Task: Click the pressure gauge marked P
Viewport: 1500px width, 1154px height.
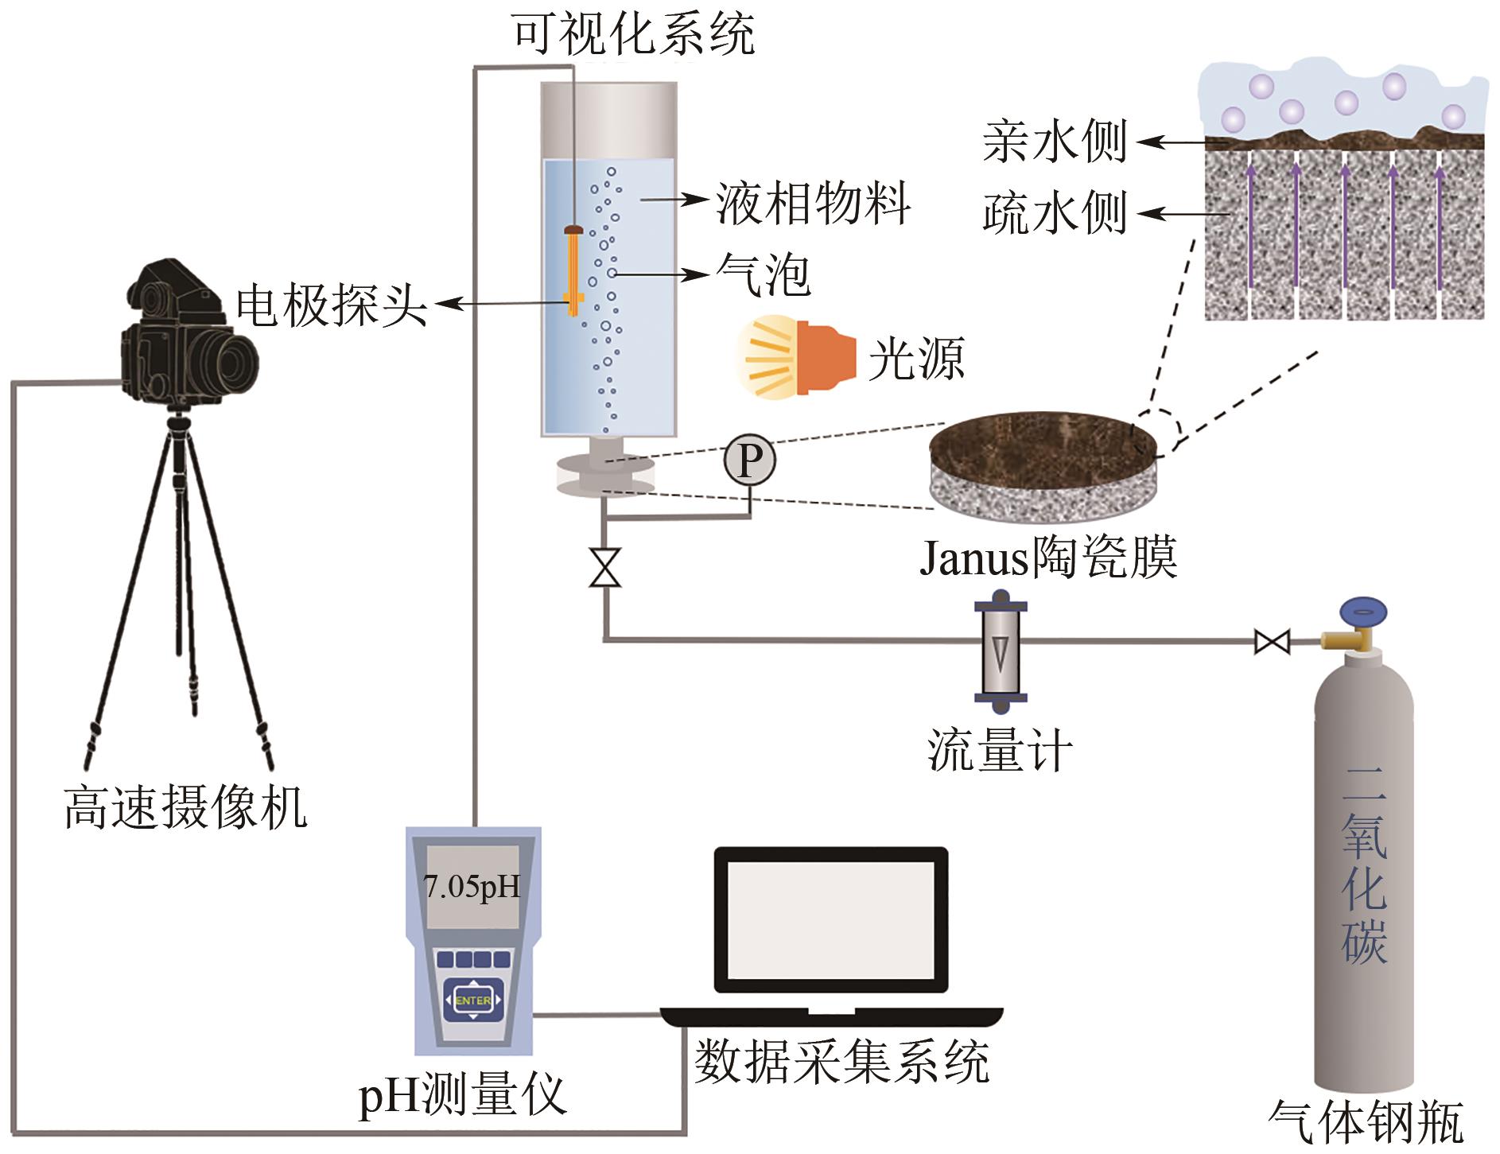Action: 749,460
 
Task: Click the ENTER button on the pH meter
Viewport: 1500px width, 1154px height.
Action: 472,1000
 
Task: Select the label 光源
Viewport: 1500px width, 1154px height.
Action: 916,359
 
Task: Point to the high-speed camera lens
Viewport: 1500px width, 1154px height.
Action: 231,362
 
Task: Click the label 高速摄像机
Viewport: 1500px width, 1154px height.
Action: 185,807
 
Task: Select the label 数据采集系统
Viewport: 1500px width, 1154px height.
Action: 841,1062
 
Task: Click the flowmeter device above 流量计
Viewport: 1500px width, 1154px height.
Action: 1001,651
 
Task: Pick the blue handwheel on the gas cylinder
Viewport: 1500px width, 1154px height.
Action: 1363,613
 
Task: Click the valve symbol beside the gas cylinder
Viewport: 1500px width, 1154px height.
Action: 1271,641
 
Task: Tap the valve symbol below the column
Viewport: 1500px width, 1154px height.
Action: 605,567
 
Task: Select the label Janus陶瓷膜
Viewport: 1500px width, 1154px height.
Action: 1047,557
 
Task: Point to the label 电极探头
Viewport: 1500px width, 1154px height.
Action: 332,305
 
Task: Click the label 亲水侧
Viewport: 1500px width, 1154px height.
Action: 1055,143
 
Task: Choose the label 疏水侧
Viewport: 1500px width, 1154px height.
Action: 1055,213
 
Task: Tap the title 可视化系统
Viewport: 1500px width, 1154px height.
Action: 632,34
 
